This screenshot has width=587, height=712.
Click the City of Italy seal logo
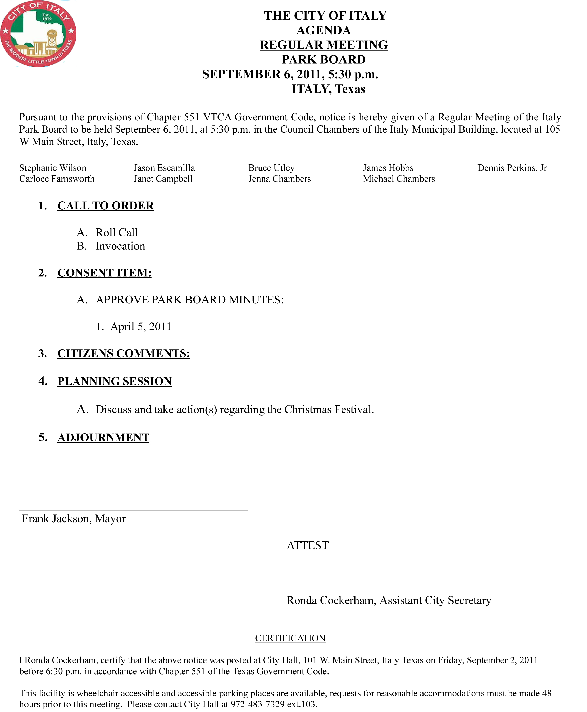(x=38, y=33)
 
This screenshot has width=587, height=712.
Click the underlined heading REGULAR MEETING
(x=324, y=45)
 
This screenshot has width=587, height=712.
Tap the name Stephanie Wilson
(x=53, y=168)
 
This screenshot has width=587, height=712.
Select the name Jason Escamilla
(x=164, y=168)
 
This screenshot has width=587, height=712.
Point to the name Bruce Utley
(x=271, y=168)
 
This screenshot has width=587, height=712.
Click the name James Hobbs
(x=388, y=168)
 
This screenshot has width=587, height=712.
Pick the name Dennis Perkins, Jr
(x=512, y=168)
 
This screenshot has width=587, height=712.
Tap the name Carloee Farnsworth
(x=57, y=179)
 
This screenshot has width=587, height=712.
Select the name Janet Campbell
(x=163, y=179)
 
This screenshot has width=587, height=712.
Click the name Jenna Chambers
(x=279, y=179)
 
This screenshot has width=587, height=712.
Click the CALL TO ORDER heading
(x=105, y=206)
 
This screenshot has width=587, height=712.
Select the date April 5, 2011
(x=141, y=326)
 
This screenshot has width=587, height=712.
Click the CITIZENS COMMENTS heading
(x=124, y=353)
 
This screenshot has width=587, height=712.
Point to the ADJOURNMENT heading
(x=103, y=437)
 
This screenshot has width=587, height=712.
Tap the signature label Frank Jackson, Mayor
(x=74, y=518)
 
